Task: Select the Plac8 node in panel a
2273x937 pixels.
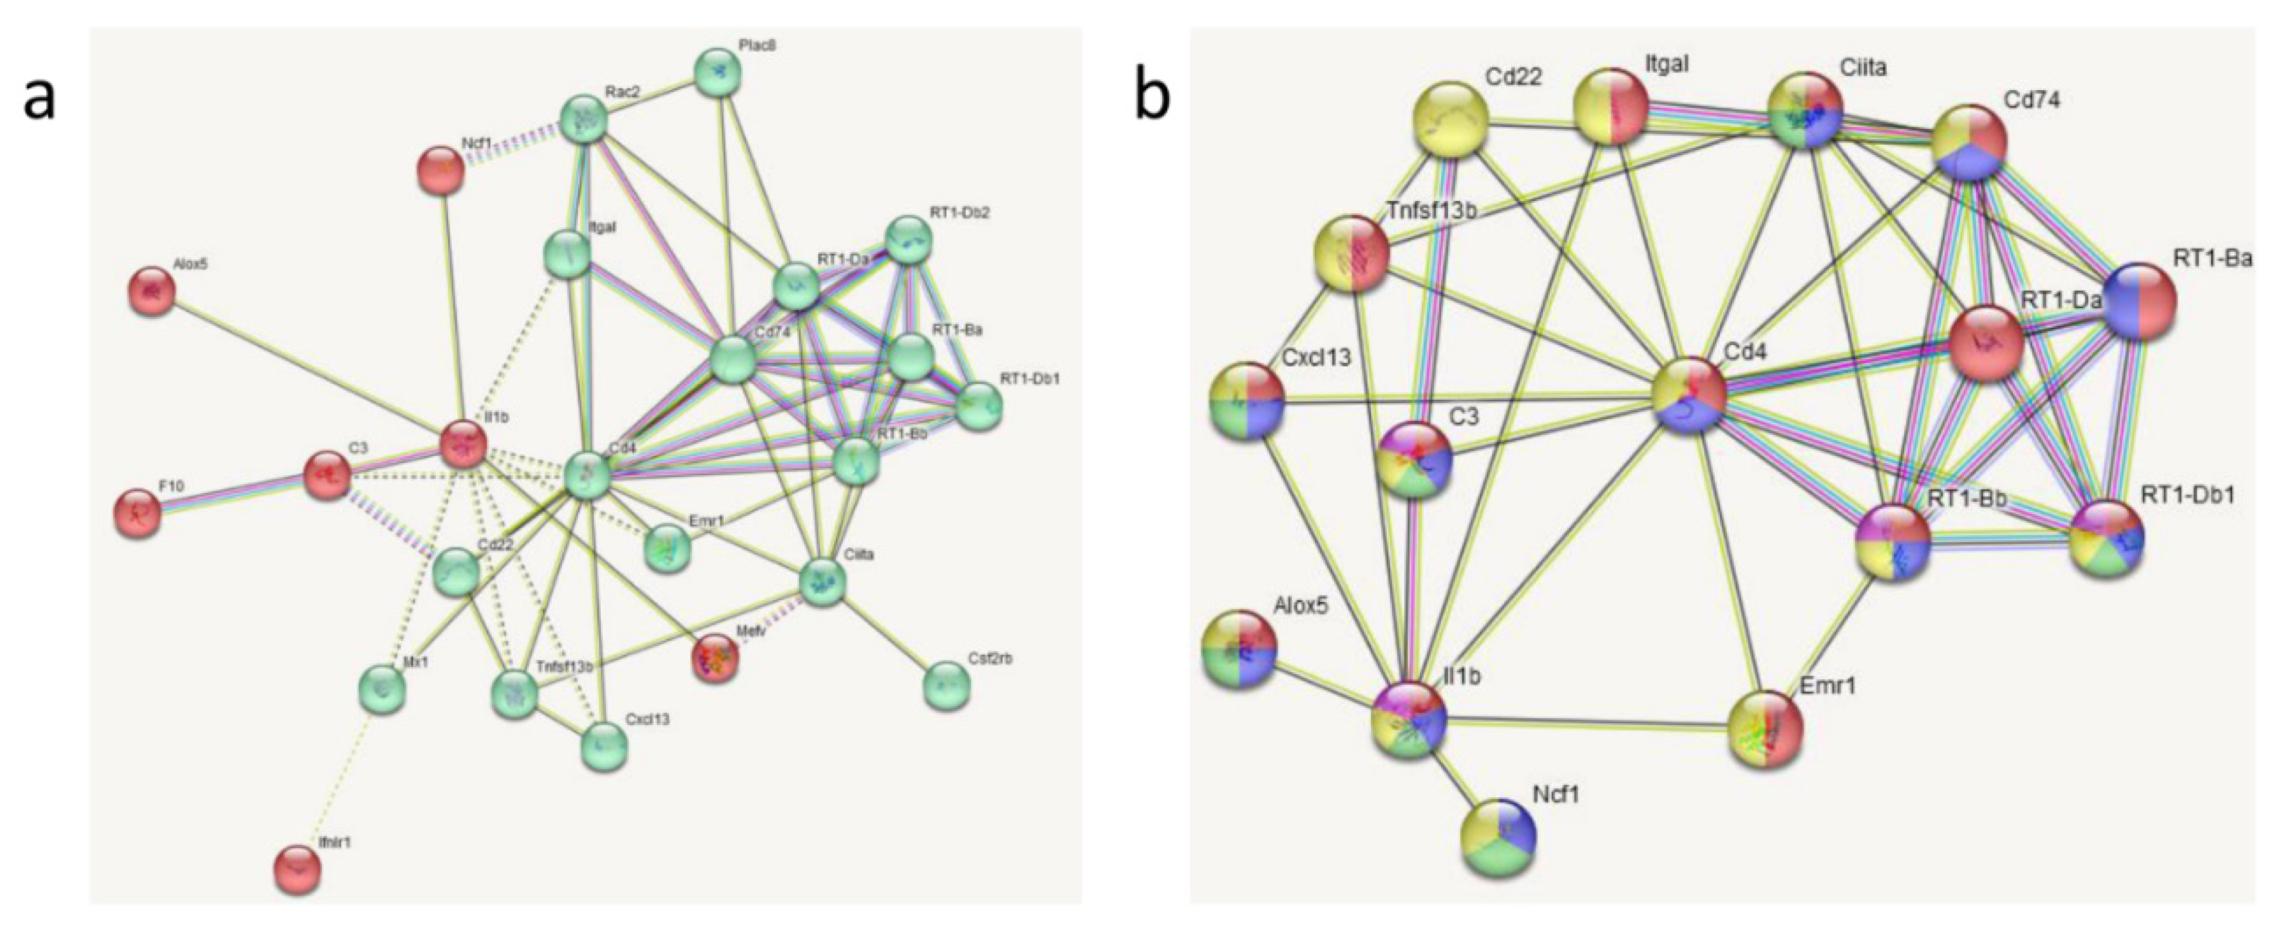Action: [717, 72]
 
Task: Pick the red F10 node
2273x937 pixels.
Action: [138, 513]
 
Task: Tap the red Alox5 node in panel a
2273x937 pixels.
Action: [153, 291]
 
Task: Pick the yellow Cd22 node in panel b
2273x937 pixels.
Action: [1451, 118]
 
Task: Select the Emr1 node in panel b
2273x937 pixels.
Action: [1766, 729]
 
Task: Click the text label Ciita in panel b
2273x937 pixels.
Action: [1863, 66]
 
